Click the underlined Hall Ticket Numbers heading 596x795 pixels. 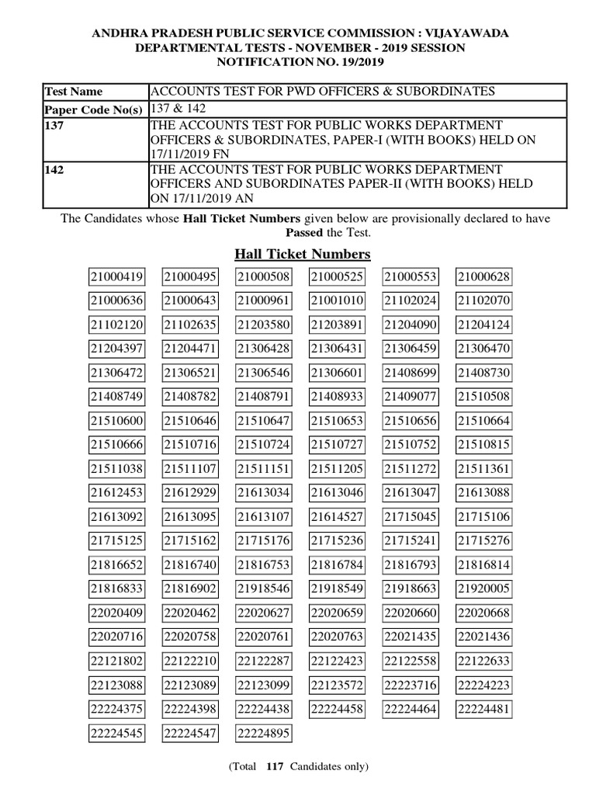click(x=302, y=254)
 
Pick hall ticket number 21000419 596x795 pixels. click(x=116, y=277)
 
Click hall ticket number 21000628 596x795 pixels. click(x=483, y=277)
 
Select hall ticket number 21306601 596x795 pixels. click(x=337, y=373)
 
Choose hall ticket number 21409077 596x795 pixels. click(x=411, y=397)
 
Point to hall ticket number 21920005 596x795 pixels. click(x=483, y=588)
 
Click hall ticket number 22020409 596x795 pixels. click(x=116, y=613)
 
